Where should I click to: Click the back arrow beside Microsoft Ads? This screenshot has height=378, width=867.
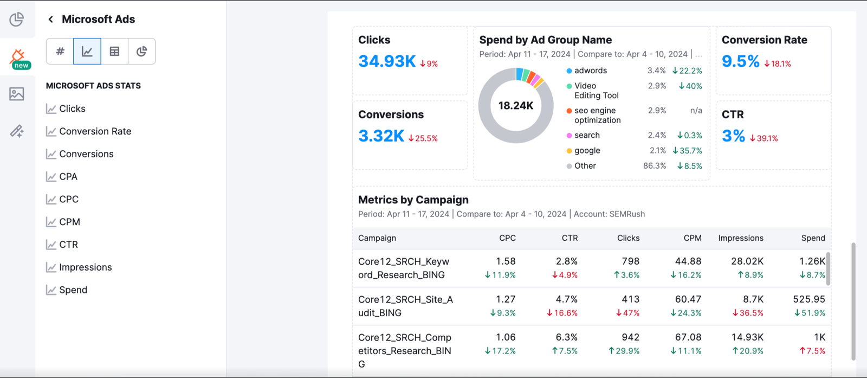coord(50,20)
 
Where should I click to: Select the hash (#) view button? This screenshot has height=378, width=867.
coord(60,52)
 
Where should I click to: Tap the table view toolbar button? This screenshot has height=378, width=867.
coord(114,52)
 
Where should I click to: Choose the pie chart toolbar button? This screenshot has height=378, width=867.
coord(141,52)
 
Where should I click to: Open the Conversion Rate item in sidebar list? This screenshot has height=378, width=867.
coord(95,131)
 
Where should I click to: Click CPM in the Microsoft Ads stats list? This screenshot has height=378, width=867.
coord(69,222)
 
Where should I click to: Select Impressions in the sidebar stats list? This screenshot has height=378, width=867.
coord(85,267)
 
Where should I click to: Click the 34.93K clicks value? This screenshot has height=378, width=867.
coord(387,61)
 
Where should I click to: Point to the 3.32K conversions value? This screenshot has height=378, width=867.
coord(381,136)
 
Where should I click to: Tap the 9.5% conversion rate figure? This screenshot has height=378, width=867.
coord(740,61)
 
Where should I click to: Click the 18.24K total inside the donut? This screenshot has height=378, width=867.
coord(516,106)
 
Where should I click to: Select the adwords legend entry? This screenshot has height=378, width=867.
coord(590,71)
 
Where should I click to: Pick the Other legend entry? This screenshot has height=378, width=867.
coord(585,166)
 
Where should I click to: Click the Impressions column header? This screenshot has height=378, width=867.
coord(740,238)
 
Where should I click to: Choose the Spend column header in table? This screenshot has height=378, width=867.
coord(813,238)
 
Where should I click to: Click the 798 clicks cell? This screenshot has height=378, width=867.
coord(630,261)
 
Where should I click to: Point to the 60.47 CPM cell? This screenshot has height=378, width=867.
coord(688,299)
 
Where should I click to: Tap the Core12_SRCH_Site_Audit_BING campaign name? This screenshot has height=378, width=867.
coord(405,306)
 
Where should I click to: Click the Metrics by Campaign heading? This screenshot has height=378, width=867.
coord(413,200)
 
